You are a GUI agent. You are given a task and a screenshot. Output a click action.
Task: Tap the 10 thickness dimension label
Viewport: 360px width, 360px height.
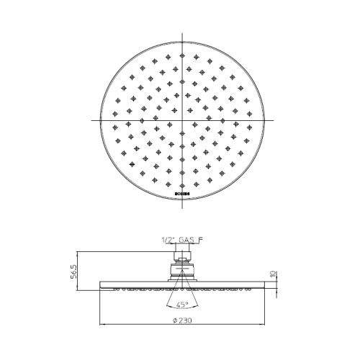[x=274, y=275]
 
